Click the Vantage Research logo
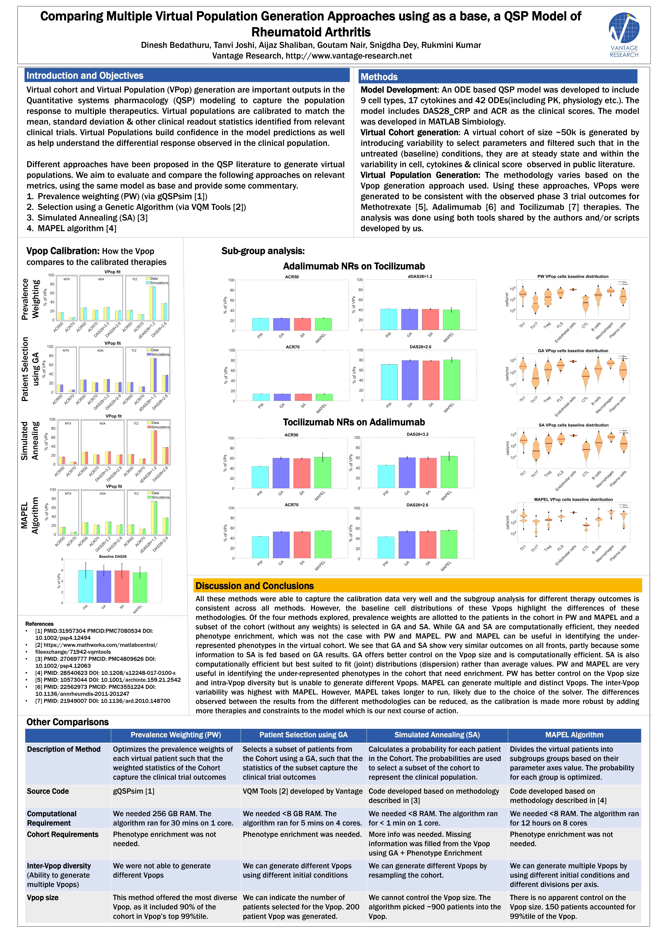(624, 35)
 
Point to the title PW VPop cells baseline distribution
(573, 276)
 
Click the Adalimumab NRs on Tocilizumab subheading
(354, 266)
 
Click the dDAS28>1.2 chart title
(420, 276)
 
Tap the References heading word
(40, 624)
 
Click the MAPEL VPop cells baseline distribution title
(573, 499)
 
